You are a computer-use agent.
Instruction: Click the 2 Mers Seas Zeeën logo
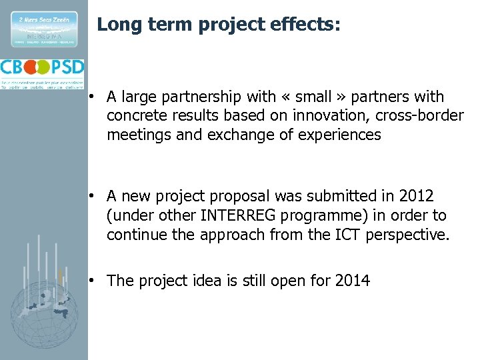pyautogui.click(x=44, y=28)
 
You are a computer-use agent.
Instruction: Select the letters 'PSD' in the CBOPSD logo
pyautogui.click(x=67, y=67)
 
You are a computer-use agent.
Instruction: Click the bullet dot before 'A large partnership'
pyautogui.click(x=97, y=97)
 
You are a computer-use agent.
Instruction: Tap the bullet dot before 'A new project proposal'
pyautogui.click(x=97, y=197)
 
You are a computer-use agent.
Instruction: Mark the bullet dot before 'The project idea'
pyautogui.click(x=97, y=281)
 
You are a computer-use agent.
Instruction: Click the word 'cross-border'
pyautogui.click(x=419, y=116)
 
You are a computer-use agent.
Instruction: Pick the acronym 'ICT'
pyautogui.click(x=344, y=235)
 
